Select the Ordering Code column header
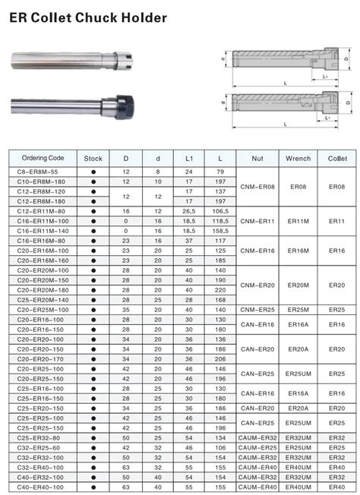(x=43, y=158)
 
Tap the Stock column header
(x=93, y=158)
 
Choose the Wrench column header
(x=298, y=158)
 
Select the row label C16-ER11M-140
(x=43, y=230)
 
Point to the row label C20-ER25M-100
(x=43, y=309)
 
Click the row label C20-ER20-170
(x=43, y=358)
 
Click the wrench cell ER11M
(x=298, y=221)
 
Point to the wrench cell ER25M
(x=298, y=309)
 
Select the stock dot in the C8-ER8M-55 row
(x=93, y=172)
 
